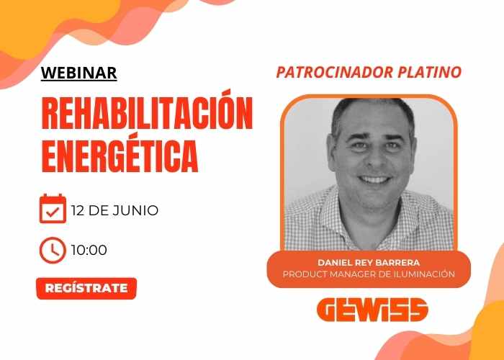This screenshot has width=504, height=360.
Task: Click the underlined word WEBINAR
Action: (78, 73)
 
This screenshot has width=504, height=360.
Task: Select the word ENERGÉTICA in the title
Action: (120, 153)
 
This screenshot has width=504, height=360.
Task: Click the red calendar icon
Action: (53, 208)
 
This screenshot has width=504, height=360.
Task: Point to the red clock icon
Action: (53, 250)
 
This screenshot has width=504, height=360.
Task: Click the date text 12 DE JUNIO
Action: (114, 210)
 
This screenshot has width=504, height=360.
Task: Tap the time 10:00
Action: (89, 250)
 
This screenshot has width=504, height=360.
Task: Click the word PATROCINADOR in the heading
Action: (335, 72)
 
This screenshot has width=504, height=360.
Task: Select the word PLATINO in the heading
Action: (430, 72)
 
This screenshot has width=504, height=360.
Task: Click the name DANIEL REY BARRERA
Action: (369, 263)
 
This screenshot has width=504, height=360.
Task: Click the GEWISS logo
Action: (372, 310)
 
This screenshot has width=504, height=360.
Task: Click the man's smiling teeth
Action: (374, 179)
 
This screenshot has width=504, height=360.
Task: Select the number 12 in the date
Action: (78, 210)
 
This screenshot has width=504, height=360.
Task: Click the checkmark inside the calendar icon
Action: (53, 212)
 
